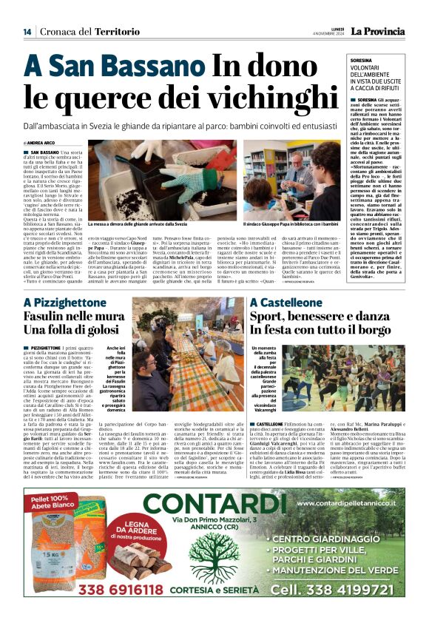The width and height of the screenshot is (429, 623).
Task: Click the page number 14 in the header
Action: pos(27,31)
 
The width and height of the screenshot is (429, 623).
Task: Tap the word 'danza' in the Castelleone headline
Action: pos(391,320)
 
